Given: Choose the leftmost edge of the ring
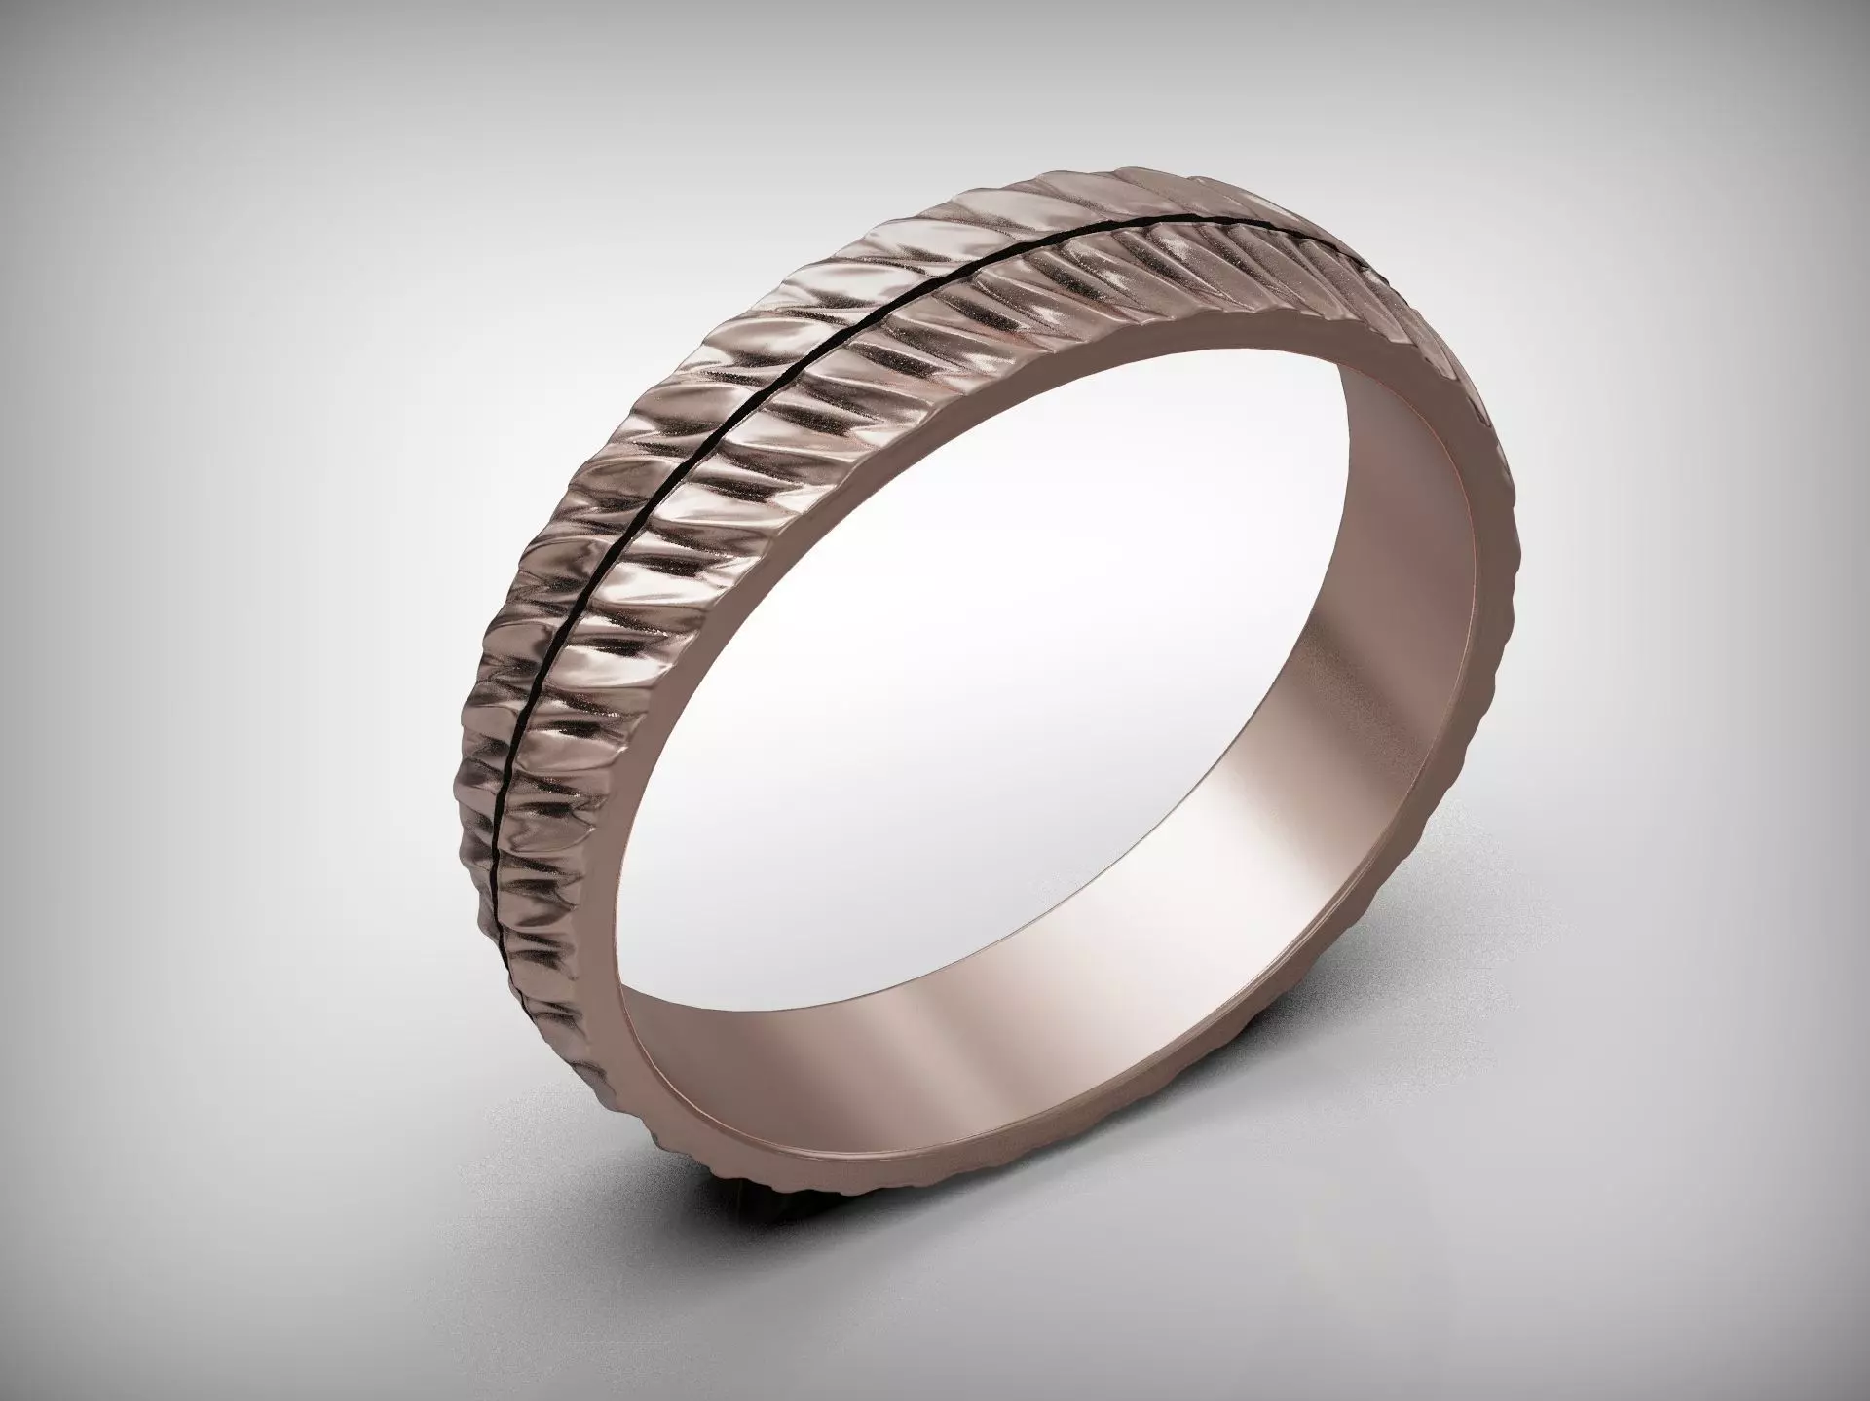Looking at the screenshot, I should pos(451,740).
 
